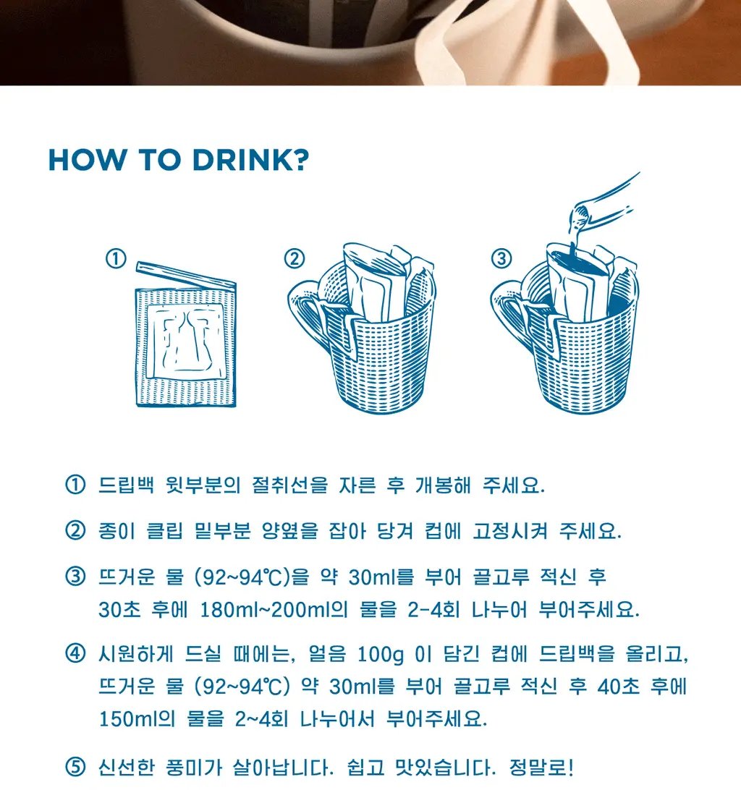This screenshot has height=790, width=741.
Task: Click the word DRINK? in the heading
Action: (x=250, y=160)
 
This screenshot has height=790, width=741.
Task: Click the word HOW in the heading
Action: (x=88, y=160)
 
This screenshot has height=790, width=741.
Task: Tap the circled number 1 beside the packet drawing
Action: (x=116, y=258)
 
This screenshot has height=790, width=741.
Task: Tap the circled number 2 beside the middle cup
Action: (x=295, y=258)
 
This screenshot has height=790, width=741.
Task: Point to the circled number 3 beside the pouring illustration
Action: (x=501, y=258)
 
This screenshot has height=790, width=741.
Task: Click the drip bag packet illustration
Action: (x=186, y=343)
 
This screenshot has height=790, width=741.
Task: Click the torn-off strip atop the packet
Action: (x=186, y=274)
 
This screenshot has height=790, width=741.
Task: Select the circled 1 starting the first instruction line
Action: (x=75, y=485)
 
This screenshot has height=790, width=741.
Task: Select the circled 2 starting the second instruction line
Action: (x=75, y=530)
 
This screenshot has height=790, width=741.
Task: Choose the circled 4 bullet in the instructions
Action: (x=75, y=653)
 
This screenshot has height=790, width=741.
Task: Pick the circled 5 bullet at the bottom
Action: (x=75, y=768)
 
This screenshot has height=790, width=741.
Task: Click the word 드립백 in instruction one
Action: (x=126, y=485)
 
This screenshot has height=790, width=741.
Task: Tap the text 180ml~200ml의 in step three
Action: (x=274, y=610)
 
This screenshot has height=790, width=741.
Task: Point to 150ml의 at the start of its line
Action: (x=137, y=718)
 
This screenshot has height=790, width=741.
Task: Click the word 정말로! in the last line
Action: (x=541, y=768)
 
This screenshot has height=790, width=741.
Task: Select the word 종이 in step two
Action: (x=117, y=530)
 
